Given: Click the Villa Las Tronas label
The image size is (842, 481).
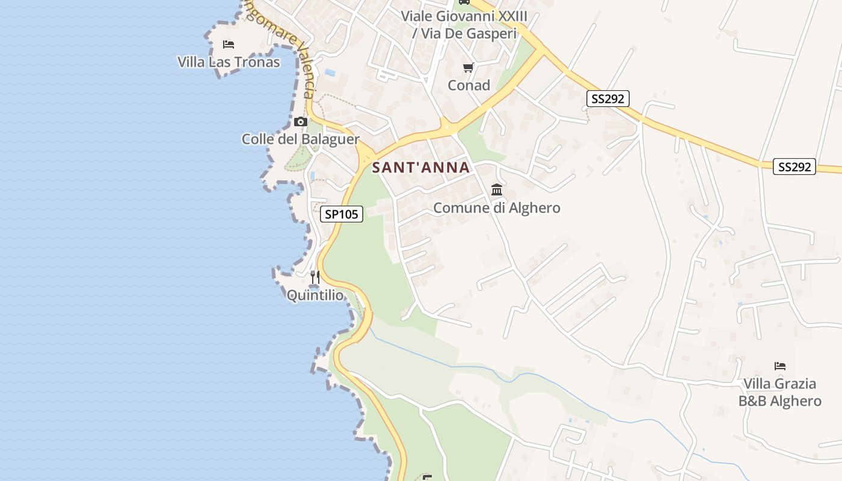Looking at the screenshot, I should (229, 62).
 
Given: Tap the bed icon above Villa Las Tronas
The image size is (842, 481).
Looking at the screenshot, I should (228, 44).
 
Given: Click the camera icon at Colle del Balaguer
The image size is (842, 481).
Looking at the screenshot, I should (301, 122).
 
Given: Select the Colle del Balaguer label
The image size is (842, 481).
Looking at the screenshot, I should (301, 139).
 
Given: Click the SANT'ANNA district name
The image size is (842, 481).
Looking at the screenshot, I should (421, 168).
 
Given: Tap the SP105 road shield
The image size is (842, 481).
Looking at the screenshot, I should (342, 214).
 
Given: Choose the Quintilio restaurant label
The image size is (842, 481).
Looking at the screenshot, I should (315, 295).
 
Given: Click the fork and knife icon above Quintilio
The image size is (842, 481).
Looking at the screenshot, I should (315, 277).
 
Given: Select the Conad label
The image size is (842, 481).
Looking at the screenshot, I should (469, 85).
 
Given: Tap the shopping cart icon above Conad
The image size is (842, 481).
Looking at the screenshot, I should (469, 67).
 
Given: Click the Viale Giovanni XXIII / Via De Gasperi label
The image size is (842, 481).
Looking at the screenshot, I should (464, 25).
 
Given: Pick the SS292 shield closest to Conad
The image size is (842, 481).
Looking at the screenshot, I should (607, 99).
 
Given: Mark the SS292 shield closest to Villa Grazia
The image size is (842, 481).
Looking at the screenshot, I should (794, 167).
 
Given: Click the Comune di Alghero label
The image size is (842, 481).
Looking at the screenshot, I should (497, 208).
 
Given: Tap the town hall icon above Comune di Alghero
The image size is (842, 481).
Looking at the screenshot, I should (497, 190).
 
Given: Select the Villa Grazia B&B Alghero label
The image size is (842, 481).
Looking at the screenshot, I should (780, 392).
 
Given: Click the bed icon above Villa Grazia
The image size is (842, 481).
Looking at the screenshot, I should (780, 366).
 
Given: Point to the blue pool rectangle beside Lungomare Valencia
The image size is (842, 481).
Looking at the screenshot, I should (330, 73).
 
